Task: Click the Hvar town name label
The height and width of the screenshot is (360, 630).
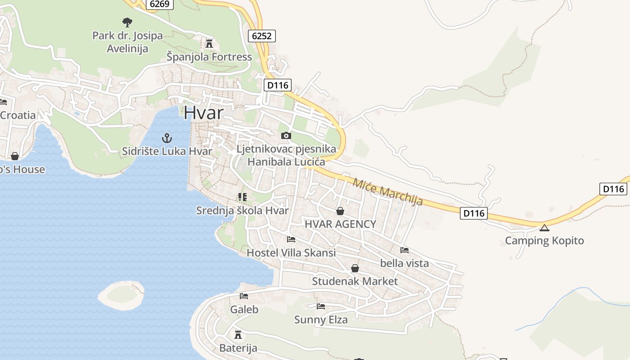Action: click(x=203, y=112)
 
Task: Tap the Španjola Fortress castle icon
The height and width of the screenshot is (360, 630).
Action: click(x=209, y=43)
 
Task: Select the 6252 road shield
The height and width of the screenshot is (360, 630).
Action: click(x=261, y=36)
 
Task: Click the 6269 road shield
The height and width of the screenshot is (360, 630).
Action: click(x=159, y=4)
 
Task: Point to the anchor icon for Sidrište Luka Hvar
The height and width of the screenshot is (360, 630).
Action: click(x=167, y=138)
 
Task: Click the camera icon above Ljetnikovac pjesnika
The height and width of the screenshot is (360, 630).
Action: click(x=286, y=135)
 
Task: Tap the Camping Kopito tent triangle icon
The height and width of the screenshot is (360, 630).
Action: click(x=544, y=228)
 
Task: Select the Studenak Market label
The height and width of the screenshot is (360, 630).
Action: click(x=355, y=282)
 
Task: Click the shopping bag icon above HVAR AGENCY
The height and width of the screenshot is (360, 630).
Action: click(x=340, y=211)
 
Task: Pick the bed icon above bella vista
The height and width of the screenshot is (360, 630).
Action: click(x=405, y=250)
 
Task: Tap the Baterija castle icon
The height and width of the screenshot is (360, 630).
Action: click(x=238, y=335)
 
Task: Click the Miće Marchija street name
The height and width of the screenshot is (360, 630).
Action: click(x=387, y=192)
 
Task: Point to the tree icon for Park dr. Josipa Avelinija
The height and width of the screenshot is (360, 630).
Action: click(x=127, y=22)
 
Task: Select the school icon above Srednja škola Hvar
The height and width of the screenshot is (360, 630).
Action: click(x=243, y=197)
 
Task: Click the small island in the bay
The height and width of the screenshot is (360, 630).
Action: click(x=121, y=295)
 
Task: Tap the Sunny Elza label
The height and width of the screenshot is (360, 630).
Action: click(x=320, y=320)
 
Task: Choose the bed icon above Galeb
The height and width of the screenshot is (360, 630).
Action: click(x=244, y=296)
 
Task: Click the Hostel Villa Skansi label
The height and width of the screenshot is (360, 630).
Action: click(x=291, y=253)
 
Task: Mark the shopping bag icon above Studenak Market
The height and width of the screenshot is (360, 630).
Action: click(x=355, y=269)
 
